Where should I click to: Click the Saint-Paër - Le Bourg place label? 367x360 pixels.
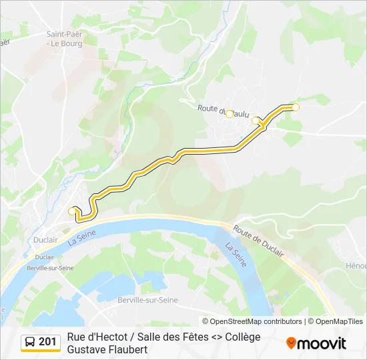64,39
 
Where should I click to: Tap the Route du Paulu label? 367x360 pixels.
223,108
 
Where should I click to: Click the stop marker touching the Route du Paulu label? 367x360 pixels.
230,114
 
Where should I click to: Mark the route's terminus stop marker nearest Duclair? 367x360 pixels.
73,211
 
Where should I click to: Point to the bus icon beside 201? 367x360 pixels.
29,342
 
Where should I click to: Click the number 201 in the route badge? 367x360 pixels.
47,342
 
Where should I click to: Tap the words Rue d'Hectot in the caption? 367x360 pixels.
98,337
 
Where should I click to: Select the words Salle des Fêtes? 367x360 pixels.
169,337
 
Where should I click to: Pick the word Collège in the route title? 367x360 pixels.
241,337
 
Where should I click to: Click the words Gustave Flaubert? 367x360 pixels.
107,349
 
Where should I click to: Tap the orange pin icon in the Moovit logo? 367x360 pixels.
291,343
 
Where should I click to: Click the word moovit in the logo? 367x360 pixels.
322,343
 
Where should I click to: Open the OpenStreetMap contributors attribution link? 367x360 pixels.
256,321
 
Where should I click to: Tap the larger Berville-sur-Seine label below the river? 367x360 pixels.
147,300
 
